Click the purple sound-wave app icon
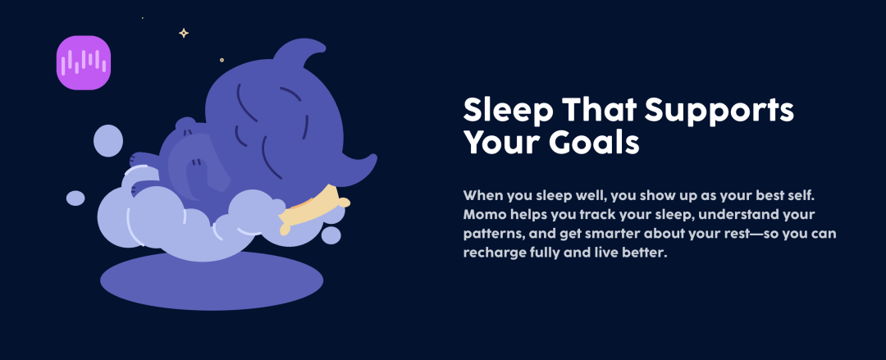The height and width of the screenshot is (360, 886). click(x=84, y=62)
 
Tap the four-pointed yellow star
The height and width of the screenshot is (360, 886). click(x=184, y=34)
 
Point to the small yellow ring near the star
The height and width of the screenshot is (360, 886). click(x=221, y=60)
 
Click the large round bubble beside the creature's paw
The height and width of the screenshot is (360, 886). click(x=108, y=141)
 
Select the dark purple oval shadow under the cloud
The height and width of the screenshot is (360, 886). click(x=212, y=281)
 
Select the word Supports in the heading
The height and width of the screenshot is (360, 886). click(x=720, y=110)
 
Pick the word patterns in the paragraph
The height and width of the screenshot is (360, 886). click(x=492, y=235)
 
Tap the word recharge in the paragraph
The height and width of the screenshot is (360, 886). click(x=493, y=253)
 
